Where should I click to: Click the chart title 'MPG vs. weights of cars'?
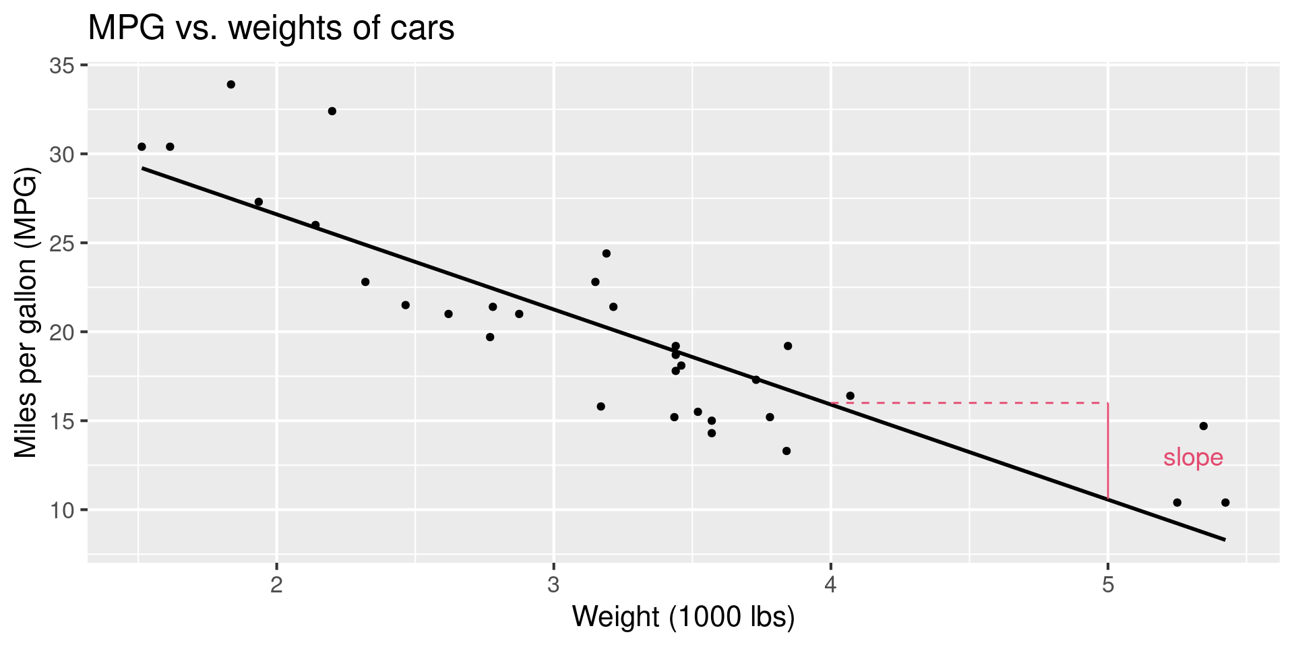(271, 28)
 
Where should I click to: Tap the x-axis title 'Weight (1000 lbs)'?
(683, 617)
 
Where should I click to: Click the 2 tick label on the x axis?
(276, 584)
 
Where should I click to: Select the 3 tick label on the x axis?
(553, 584)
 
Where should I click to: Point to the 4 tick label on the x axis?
(830, 584)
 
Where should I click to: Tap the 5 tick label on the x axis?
(1107, 584)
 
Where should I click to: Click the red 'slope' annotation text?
(1193, 458)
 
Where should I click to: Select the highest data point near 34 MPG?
(230, 84)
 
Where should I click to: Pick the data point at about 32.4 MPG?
(332, 111)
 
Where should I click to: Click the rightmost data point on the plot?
(1225, 502)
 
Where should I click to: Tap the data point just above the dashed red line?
(850, 396)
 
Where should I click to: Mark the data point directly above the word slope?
(1203, 426)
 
